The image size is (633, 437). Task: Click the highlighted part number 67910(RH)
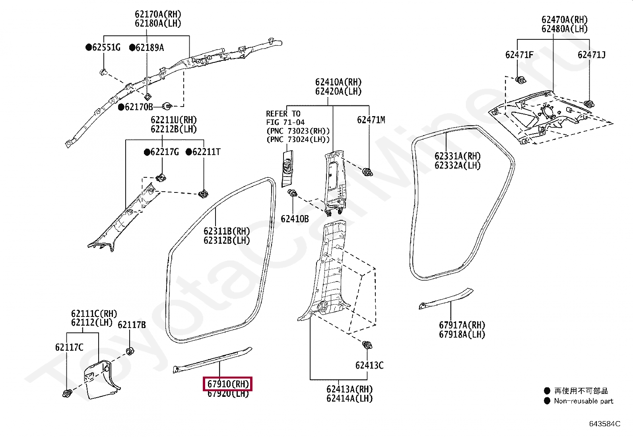(x=228, y=384)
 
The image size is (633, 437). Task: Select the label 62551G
(x=106, y=48)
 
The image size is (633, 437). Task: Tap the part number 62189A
(x=150, y=48)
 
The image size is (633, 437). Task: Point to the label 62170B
(x=139, y=107)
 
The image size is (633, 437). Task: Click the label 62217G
(x=165, y=152)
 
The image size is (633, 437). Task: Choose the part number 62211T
(x=206, y=152)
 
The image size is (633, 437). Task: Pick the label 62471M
(x=371, y=120)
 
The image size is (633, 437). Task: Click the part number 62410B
(x=295, y=219)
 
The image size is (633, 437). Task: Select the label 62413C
(x=369, y=365)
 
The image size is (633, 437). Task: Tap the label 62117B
(x=132, y=325)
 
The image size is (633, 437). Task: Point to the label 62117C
(x=69, y=347)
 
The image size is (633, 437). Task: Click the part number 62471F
(x=519, y=55)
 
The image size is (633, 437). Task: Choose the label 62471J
(x=591, y=55)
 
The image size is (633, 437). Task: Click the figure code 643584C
(x=604, y=424)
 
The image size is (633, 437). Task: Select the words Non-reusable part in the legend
(x=583, y=401)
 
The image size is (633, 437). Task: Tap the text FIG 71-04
(x=285, y=122)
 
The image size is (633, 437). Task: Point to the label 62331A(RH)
(x=457, y=156)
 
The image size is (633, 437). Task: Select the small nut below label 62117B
(x=130, y=352)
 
